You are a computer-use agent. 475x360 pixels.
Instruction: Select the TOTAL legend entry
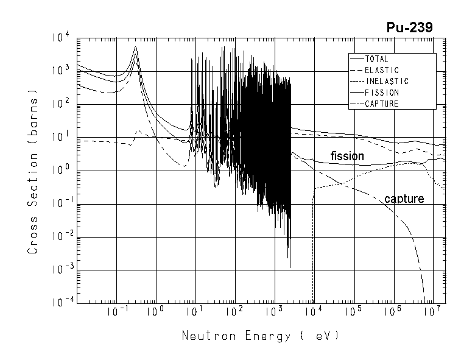[x=379, y=60]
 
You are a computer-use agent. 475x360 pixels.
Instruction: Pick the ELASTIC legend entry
[x=382, y=71]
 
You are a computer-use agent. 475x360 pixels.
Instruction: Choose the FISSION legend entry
[x=382, y=93]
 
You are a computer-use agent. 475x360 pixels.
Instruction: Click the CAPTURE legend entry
[x=382, y=104]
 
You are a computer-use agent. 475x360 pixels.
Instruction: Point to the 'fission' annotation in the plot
[x=347, y=156]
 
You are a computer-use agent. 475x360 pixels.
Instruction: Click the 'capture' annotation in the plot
[x=404, y=199]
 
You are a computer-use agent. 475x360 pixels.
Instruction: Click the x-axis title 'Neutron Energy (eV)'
[x=259, y=336]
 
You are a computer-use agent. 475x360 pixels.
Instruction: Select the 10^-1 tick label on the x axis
[x=116, y=312]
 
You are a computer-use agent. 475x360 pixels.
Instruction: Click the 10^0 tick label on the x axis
[x=157, y=312]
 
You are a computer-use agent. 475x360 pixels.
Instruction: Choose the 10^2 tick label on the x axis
[x=235, y=312]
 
